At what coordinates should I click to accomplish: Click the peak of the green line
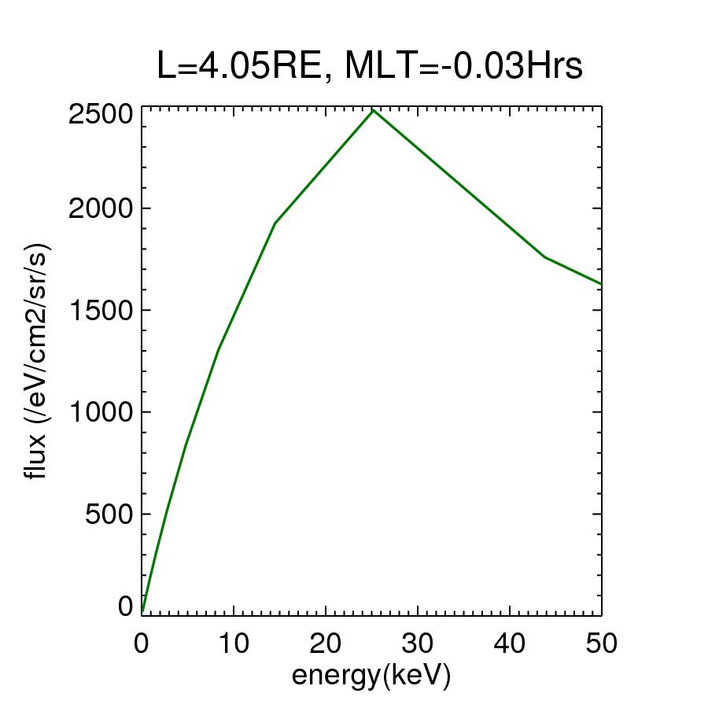[374, 110]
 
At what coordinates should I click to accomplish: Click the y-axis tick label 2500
[100, 116]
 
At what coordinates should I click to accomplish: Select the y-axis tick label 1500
[100, 310]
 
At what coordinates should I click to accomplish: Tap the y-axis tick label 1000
[100, 411]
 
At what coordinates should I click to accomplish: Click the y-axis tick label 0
[126, 607]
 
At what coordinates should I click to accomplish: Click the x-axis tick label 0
[142, 643]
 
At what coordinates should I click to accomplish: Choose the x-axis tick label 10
[234, 643]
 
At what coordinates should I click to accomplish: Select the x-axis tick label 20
[326, 643]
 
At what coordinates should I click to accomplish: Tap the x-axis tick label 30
[418, 643]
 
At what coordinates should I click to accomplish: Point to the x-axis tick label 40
[510, 643]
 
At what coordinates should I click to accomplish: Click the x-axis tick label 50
[601, 643]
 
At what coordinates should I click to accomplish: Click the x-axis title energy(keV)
[371, 675]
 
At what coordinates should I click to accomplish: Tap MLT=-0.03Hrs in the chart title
[464, 67]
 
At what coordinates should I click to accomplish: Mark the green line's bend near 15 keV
[275, 223]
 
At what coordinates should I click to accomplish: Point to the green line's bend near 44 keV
[544, 257]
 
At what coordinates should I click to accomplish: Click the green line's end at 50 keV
[601, 284]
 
